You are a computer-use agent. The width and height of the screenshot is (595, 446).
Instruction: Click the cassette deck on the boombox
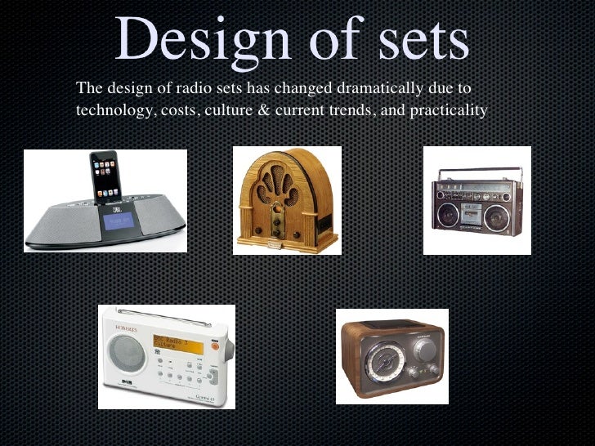[476, 214]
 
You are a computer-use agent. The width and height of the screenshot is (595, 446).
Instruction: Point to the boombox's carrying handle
[476, 172]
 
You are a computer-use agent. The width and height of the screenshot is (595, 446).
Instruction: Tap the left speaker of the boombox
[447, 215]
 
